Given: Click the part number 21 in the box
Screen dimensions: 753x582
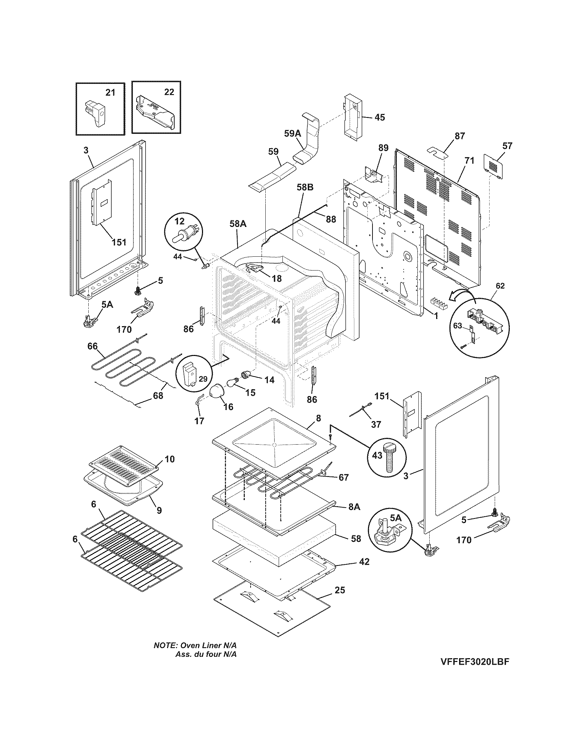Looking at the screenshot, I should (110, 92).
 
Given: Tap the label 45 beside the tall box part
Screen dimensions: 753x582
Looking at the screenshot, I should (379, 117).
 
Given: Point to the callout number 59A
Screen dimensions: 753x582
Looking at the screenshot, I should (292, 133).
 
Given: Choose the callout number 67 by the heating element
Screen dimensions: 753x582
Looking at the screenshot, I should (343, 477).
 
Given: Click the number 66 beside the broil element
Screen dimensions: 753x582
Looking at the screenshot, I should (92, 346).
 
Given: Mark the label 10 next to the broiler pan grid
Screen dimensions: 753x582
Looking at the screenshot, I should (169, 459).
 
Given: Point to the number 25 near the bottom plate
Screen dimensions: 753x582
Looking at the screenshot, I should (340, 590).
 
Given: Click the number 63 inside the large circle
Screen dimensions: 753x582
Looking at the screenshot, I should (457, 326).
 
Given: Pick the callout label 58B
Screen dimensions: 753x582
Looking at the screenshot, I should (305, 188).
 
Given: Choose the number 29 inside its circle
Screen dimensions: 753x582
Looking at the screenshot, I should (203, 379).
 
